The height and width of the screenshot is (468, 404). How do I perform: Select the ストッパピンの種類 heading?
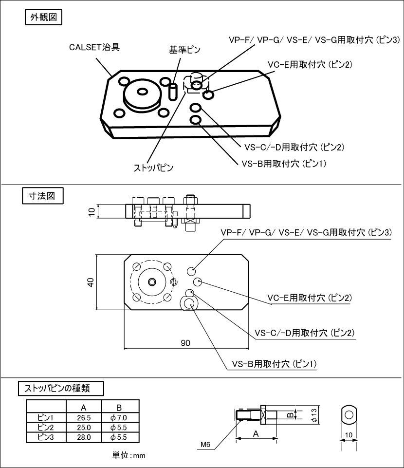click(60, 388)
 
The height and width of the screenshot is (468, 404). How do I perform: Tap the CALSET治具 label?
click(94, 47)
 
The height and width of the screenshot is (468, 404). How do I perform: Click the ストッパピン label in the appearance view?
click(154, 168)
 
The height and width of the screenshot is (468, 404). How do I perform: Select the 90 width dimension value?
click(185, 343)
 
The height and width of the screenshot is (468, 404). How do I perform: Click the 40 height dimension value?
click(91, 282)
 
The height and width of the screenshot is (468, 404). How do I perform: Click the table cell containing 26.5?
click(84, 417)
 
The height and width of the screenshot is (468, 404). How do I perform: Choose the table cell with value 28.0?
click(84, 437)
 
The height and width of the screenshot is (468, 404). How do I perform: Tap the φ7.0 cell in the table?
click(120, 417)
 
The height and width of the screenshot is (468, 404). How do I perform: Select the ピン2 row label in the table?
click(46, 427)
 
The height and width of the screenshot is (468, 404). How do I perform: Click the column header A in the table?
click(84, 407)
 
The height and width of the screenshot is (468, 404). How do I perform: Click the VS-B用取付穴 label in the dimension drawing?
click(275, 364)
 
